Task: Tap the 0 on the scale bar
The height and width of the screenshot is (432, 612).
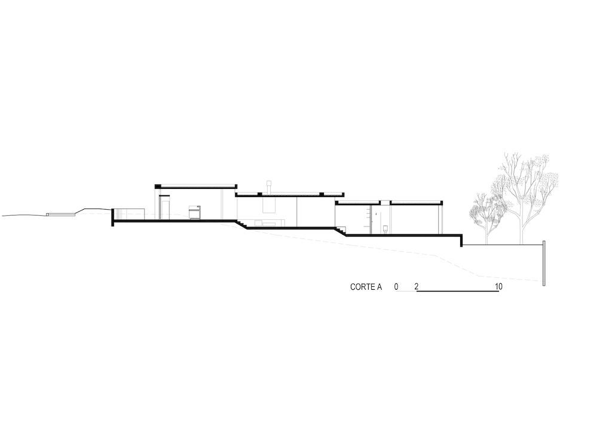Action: pos(396,287)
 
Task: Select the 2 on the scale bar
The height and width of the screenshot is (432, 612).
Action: pos(417,287)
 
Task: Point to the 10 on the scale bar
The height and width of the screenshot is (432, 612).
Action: pos(498,287)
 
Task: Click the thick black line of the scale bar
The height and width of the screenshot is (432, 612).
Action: pos(458,292)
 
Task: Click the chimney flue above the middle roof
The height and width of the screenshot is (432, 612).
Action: pos(269,186)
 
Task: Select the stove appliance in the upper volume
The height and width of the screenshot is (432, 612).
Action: pos(195,213)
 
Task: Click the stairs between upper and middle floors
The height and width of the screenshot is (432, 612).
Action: pos(242,224)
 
